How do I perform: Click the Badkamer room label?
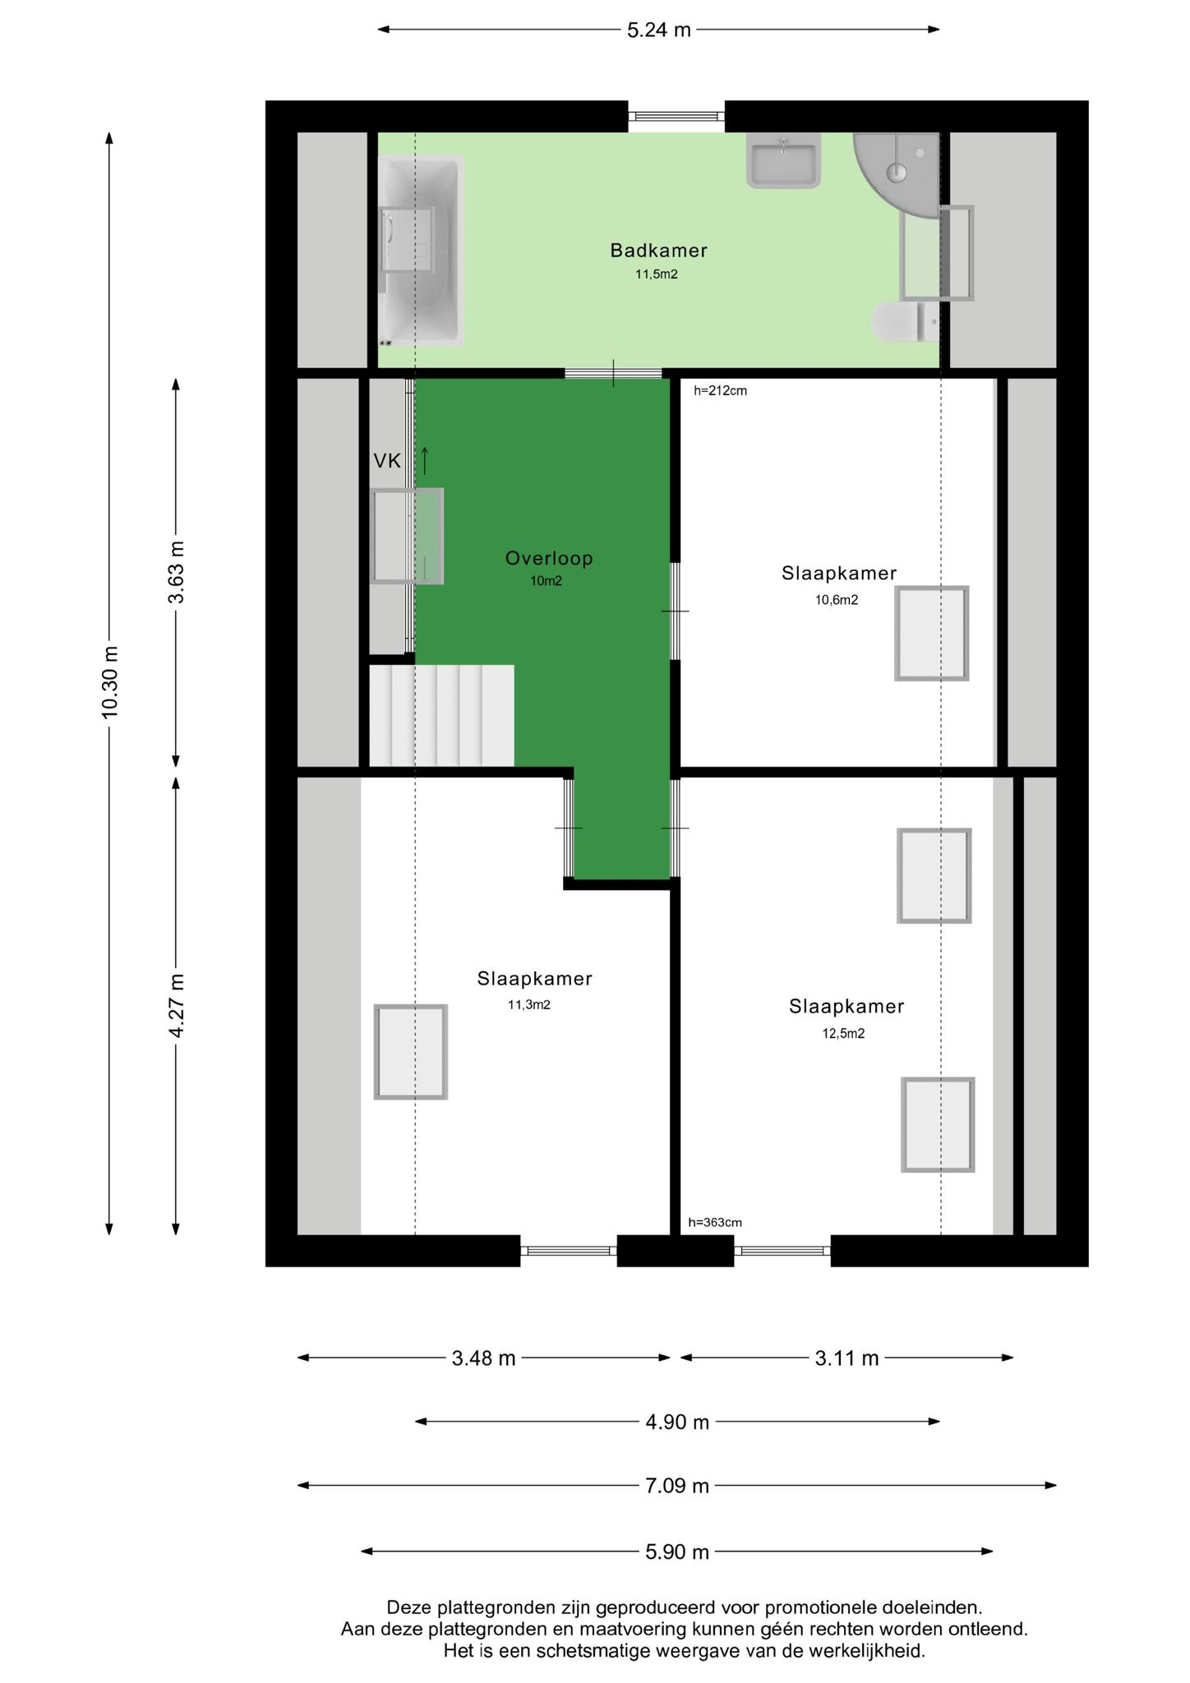coord(658,250)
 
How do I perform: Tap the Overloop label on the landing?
coord(549,559)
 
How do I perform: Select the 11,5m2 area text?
coord(656,274)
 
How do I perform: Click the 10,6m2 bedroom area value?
coord(837,600)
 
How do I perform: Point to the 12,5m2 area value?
coord(843,1034)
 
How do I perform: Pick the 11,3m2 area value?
coord(529,1004)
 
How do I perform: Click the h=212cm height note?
coord(720,391)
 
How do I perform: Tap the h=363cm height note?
coord(715,1223)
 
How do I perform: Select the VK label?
coord(387,461)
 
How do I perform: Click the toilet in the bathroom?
coord(905,321)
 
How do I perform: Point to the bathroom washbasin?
coord(784,161)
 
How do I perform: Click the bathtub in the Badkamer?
coord(421,251)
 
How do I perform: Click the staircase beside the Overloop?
coord(441,715)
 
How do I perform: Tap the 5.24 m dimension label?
coord(658,30)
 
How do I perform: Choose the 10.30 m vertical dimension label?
coord(110,682)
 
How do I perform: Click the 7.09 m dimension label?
coord(676,1486)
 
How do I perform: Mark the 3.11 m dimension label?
coord(846,1358)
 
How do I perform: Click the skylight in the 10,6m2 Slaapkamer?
coord(932,634)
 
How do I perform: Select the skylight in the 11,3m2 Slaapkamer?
coord(411,1052)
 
